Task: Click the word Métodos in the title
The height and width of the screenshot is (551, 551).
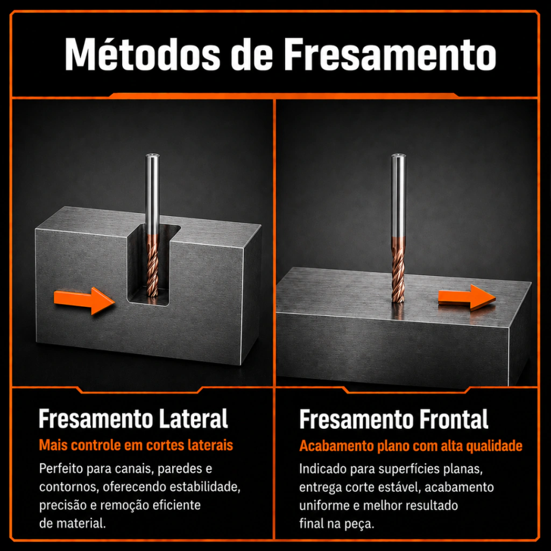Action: pos(142,54)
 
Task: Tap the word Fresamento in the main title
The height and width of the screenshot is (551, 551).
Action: pos(390,54)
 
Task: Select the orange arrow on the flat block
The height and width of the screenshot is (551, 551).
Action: pos(467,298)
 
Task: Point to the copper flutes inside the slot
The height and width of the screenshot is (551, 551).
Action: pos(152,266)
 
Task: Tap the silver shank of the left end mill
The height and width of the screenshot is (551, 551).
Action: pos(152,194)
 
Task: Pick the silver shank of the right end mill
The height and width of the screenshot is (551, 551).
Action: pos(399,195)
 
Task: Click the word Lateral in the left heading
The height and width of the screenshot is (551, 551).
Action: pos(193,419)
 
